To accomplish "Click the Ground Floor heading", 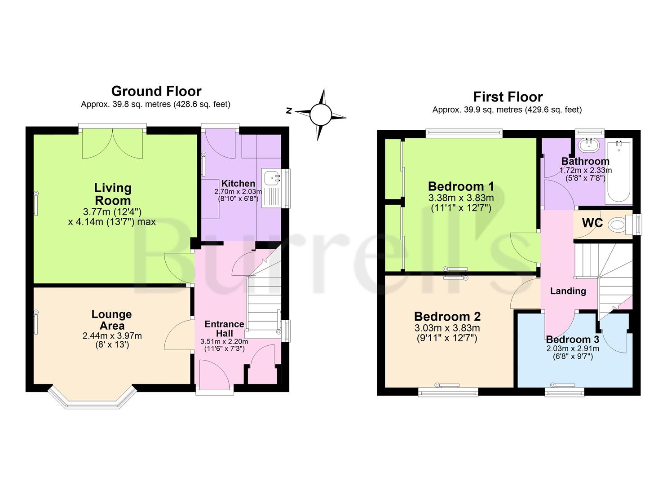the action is [x=156, y=92].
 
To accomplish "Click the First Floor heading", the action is [x=508, y=97].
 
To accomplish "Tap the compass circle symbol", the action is [x=321, y=115].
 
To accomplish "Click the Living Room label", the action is [x=113, y=194].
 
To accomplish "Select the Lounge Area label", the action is [x=112, y=320].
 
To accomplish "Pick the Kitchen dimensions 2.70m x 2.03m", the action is [x=238, y=191].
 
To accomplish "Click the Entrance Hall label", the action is [x=224, y=328].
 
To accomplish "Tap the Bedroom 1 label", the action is [x=461, y=187].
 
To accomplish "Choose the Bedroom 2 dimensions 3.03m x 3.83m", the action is [x=447, y=328].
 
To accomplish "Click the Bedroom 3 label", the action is [x=573, y=339].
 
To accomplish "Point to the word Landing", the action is [x=568, y=291].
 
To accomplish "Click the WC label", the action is [x=592, y=223].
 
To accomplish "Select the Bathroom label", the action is [x=585, y=161].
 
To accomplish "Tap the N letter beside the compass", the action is [x=288, y=111].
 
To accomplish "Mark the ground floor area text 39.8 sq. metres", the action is [x=142, y=105].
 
